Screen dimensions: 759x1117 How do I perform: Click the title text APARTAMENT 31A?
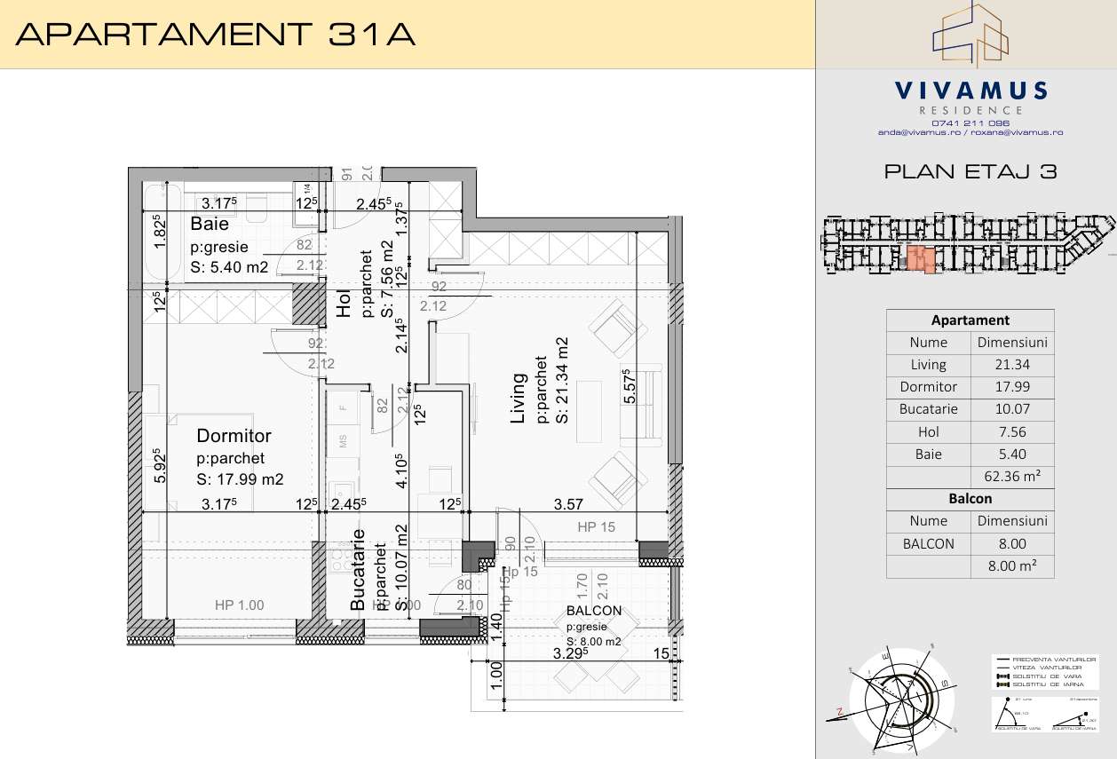pos(216,34)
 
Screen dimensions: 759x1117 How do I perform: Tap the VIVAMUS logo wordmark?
pos(970,91)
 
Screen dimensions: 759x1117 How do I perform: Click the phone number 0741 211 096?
pos(970,123)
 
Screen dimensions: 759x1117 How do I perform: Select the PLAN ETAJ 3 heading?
pos(970,172)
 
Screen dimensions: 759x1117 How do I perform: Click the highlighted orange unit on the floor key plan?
pos(919,260)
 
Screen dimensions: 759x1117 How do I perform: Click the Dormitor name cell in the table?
pos(929,386)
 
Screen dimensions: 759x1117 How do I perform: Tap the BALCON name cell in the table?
pos(929,543)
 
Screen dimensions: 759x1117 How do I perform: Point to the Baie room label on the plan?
pos(210,225)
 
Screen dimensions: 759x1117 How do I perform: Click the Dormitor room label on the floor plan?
pos(234,436)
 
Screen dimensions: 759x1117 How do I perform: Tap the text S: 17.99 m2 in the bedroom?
pos(240,479)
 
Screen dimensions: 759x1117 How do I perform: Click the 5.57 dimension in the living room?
pos(630,388)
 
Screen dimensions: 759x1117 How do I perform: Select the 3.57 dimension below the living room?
pos(568,504)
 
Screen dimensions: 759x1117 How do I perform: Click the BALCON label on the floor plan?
pos(593,611)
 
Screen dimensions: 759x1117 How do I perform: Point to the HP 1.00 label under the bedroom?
pos(240,605)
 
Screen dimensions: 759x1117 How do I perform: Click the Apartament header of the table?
pos(970,320)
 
